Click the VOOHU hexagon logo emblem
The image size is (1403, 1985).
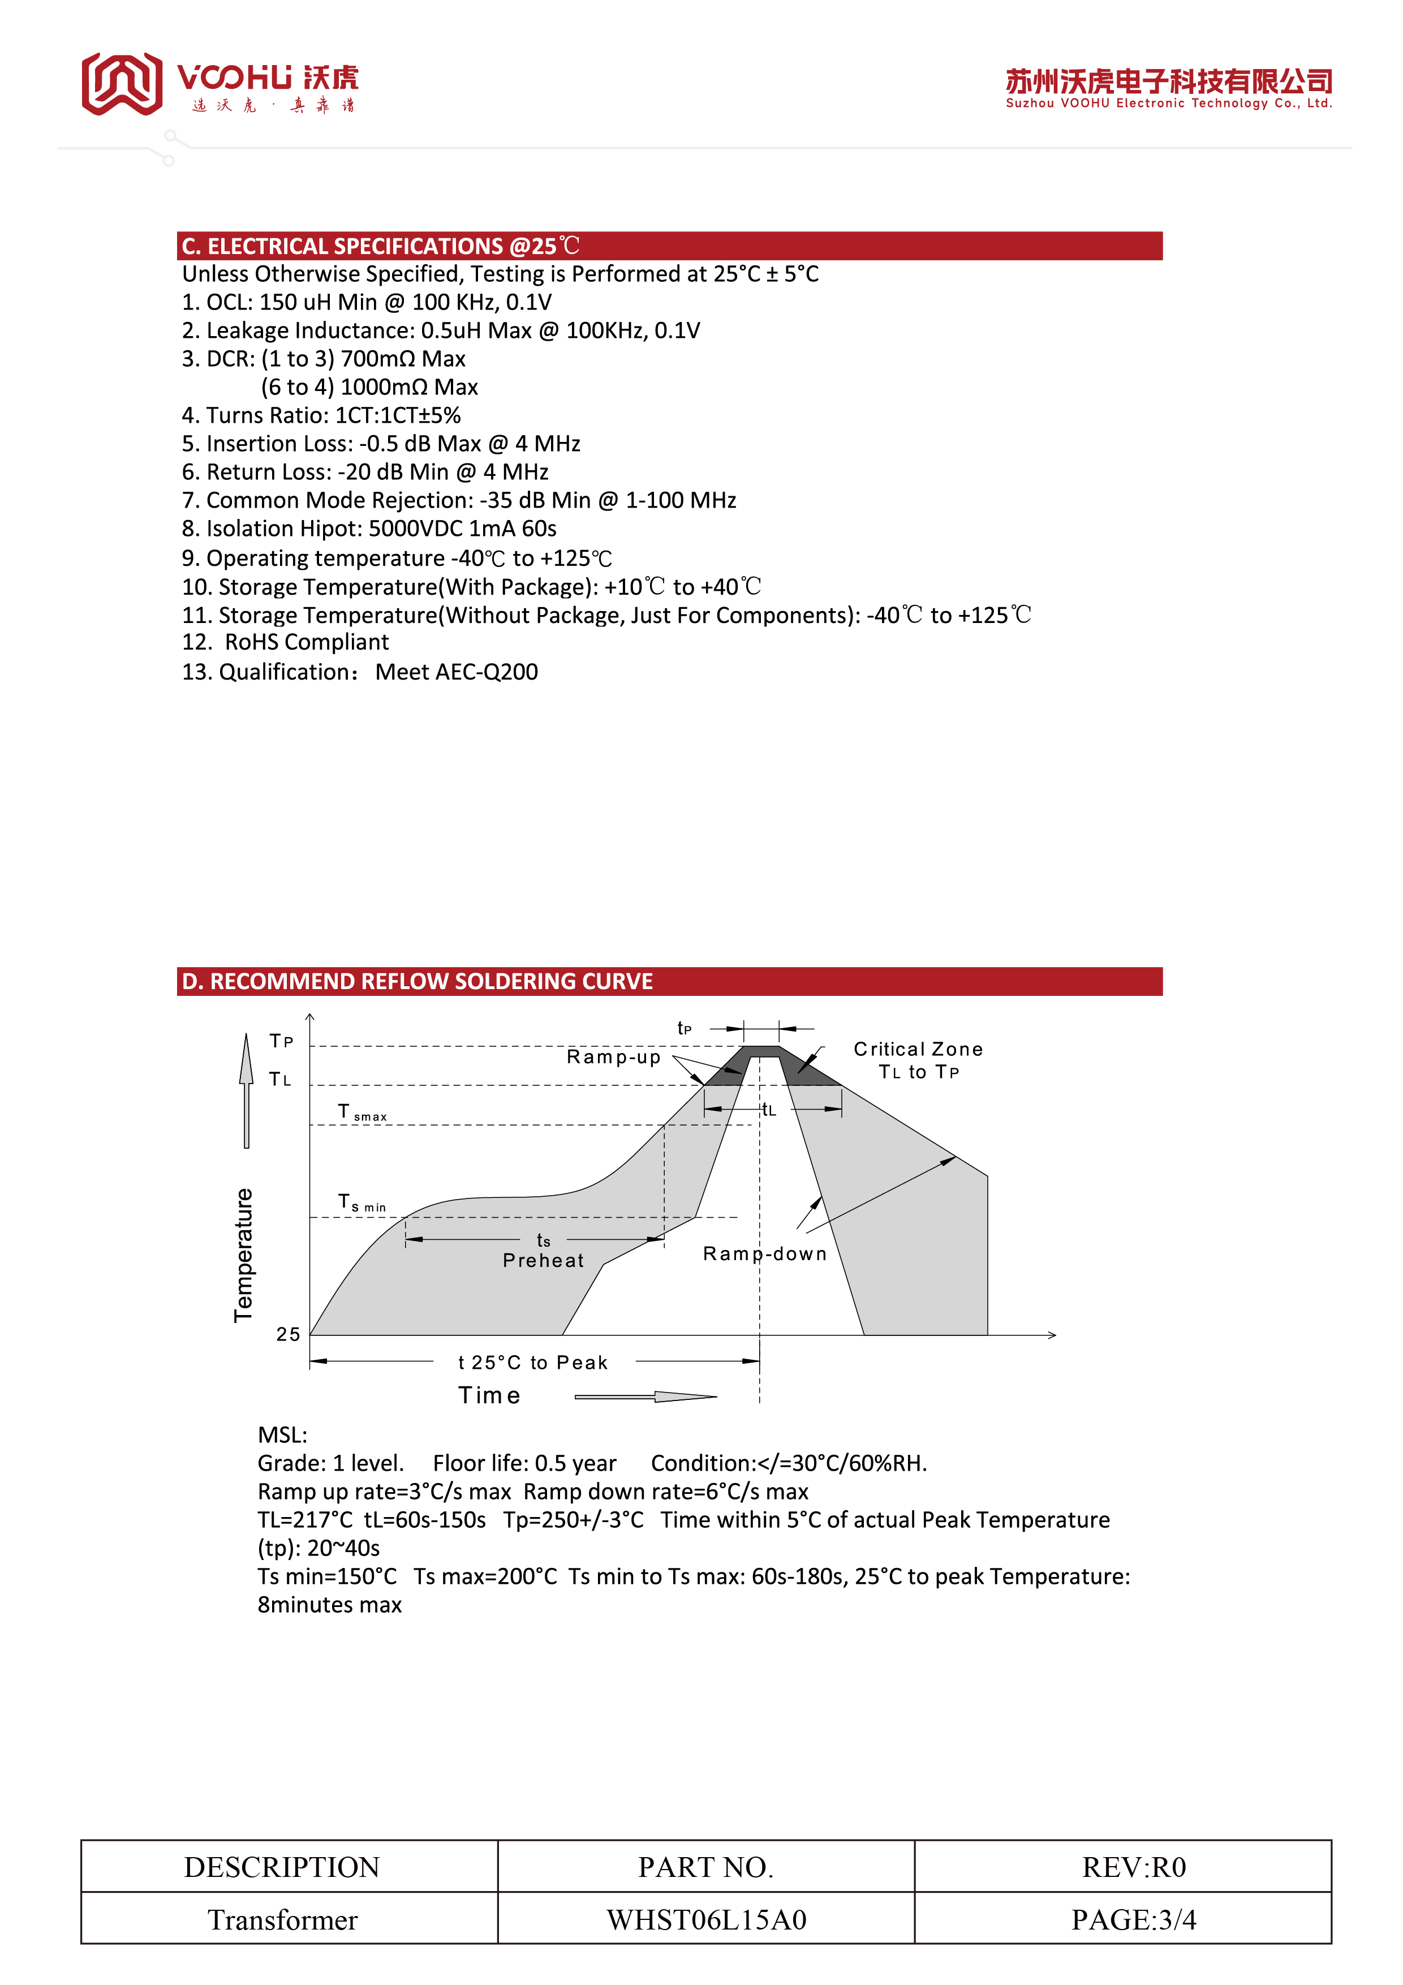click(122, 84)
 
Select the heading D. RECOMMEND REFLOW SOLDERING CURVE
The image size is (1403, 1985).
click(418, 981)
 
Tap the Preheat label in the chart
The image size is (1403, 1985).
click(543, 1261)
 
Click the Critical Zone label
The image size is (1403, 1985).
click(918, 1050)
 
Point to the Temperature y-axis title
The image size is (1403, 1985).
click(244, 1254)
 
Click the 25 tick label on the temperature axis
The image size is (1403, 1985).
click(288, 1334)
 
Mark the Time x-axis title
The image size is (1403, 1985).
click(489, 1395)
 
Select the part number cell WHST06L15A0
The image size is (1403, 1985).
click(706, 1919)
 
